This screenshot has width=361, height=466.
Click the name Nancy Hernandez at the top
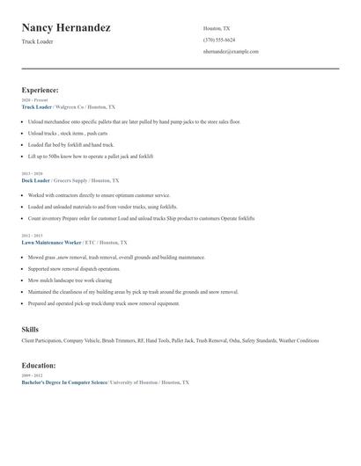[x=66, y=28]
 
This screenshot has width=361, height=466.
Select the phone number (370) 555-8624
[x=218, y=40]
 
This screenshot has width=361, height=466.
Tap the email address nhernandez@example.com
[x=231, y=52]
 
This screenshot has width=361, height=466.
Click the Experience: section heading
[x=40, y=90]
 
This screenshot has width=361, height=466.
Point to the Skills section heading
[x=30, y=330]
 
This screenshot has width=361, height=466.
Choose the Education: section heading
[x=39, y=365]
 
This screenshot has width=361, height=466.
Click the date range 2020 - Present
[x=34, y=100]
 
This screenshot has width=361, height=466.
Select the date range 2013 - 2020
[x=32, y=173]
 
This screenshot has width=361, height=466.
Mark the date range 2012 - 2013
[x=32, y=236]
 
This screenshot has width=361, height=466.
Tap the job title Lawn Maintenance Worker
[x=52, y=242]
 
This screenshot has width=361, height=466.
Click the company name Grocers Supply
[x=72, y=179]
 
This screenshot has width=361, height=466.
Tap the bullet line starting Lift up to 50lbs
[x=91, y=156]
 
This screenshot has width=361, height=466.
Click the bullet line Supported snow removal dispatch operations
[x=74, y=268]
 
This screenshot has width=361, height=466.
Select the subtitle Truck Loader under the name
[x=38, y=41]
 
